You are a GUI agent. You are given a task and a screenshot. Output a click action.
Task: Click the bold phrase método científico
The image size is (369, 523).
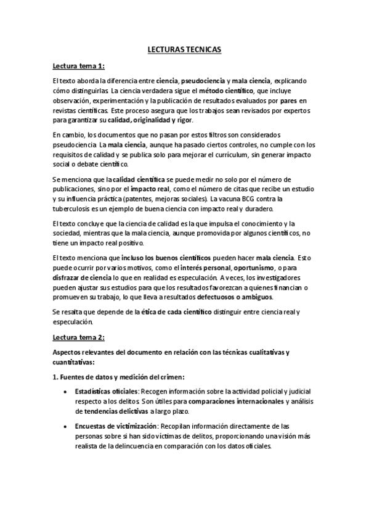pos(225,90)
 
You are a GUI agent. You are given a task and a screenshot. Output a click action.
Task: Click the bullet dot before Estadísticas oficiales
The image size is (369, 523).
pos(66,392)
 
